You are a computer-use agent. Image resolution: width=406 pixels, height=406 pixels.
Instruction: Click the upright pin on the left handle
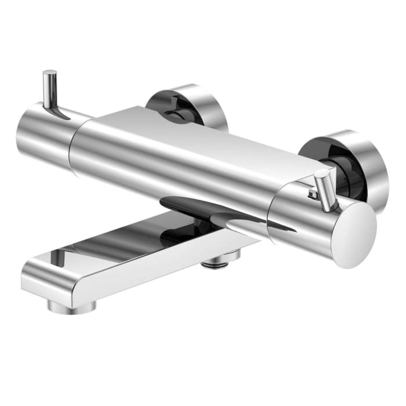pos(50,90)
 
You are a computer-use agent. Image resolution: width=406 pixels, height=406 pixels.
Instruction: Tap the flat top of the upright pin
pos(50,73)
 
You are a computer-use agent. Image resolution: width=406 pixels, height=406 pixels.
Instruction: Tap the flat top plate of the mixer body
pos(191,133)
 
